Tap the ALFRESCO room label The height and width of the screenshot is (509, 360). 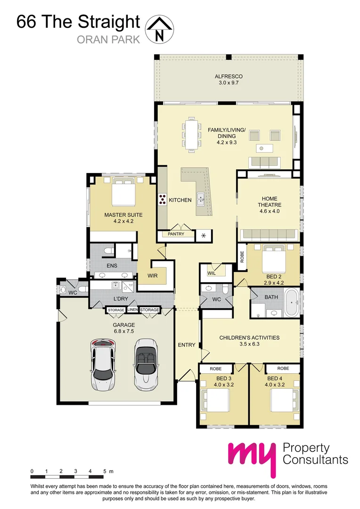point(229,76)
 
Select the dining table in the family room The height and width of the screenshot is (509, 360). point(191,134)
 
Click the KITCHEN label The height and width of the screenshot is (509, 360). point(180,200)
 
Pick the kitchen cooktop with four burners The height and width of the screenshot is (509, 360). point(163,200)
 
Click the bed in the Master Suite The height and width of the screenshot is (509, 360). point(123,192)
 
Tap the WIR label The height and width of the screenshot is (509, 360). point(152,275)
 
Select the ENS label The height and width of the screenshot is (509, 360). point(112,266)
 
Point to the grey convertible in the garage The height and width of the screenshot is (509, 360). point(145,364)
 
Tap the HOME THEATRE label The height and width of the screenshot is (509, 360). point(270,202)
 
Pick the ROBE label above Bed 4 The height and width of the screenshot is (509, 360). point(283,369)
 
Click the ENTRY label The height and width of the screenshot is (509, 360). point(187,345)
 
